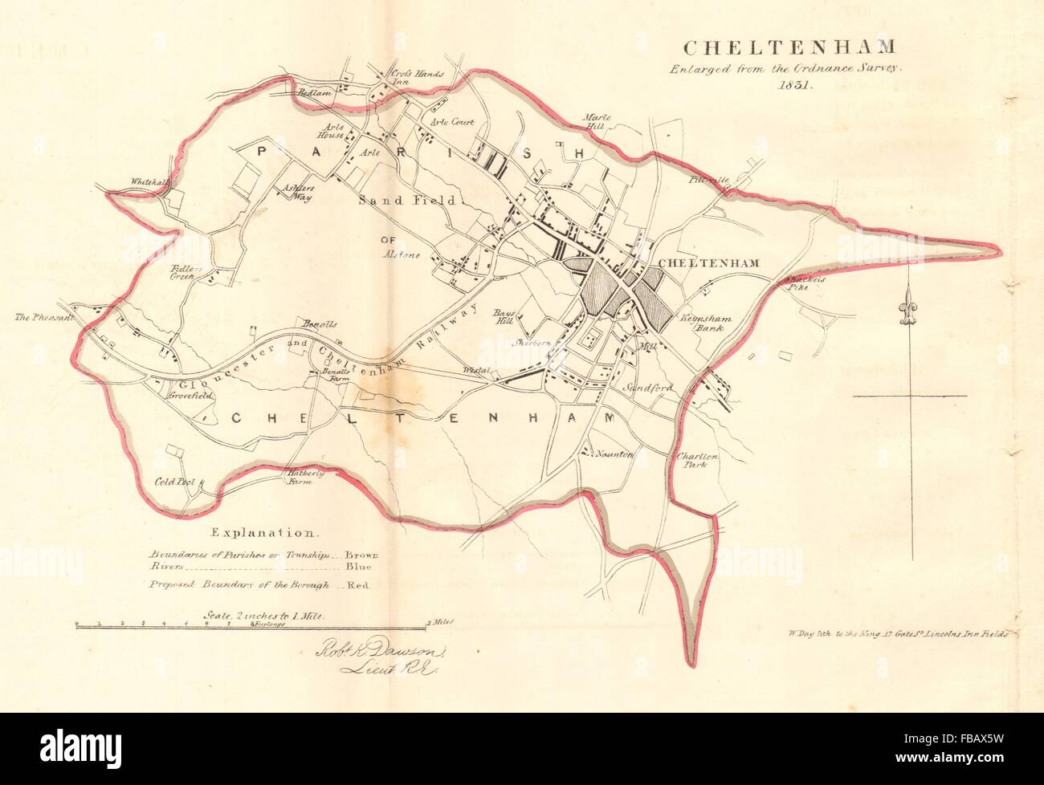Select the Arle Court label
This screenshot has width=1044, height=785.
tap(452, 123)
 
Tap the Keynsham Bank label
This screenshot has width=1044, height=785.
tap(703, 323)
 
